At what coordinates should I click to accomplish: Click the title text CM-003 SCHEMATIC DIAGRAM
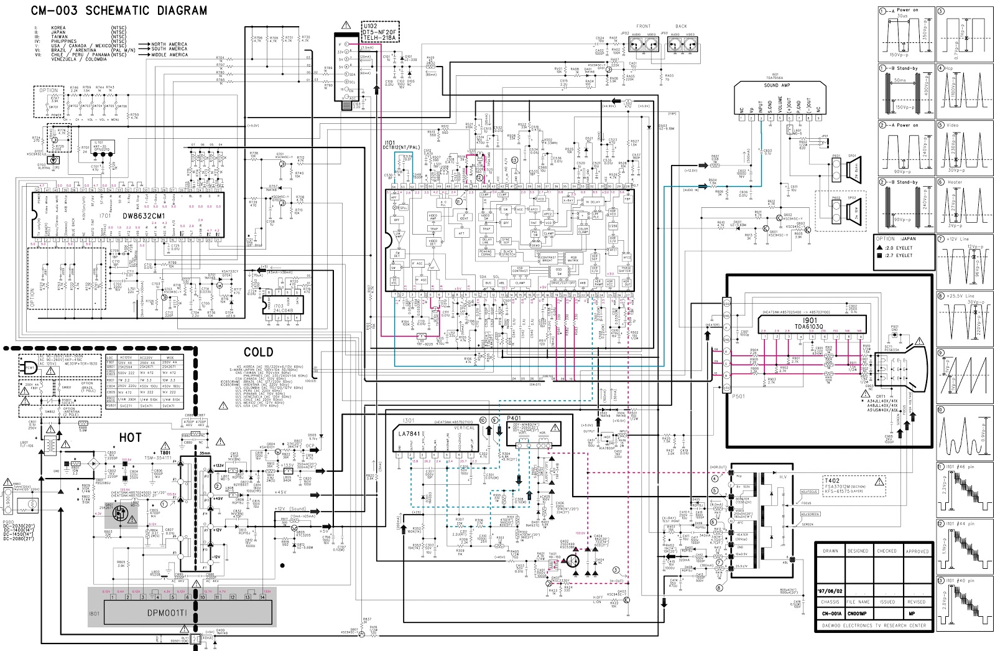119,11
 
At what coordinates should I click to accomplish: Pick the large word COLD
258,353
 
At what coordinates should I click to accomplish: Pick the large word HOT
130,438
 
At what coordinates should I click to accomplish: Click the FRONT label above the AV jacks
643,27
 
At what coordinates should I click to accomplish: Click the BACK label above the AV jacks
682,27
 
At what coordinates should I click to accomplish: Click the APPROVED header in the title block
917,551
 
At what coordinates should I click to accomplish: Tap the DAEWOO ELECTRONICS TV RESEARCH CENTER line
874,625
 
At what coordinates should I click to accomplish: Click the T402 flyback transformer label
832,481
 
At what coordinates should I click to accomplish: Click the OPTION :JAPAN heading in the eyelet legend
895,238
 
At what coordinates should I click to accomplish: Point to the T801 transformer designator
165,452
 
